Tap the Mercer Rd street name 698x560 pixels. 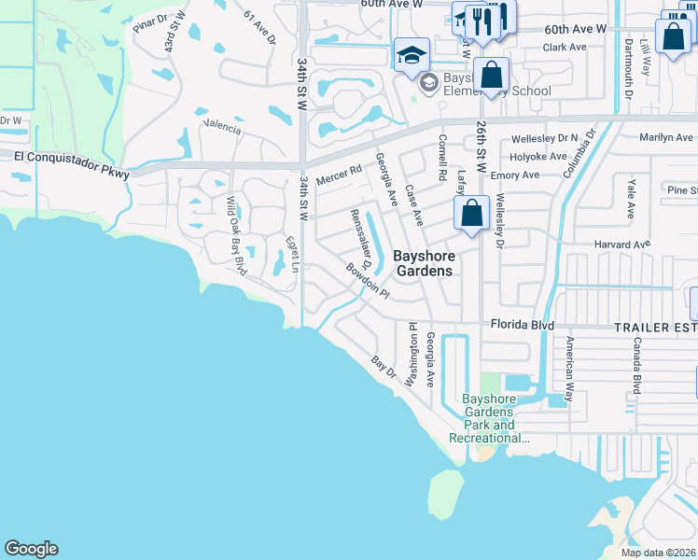pos(337,175)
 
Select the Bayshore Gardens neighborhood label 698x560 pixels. pos(423,263)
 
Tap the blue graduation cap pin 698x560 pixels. pos(412,55)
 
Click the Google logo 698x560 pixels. pos(31,549)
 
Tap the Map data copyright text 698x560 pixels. pos(658,553)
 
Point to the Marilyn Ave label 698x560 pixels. pos(665,138)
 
